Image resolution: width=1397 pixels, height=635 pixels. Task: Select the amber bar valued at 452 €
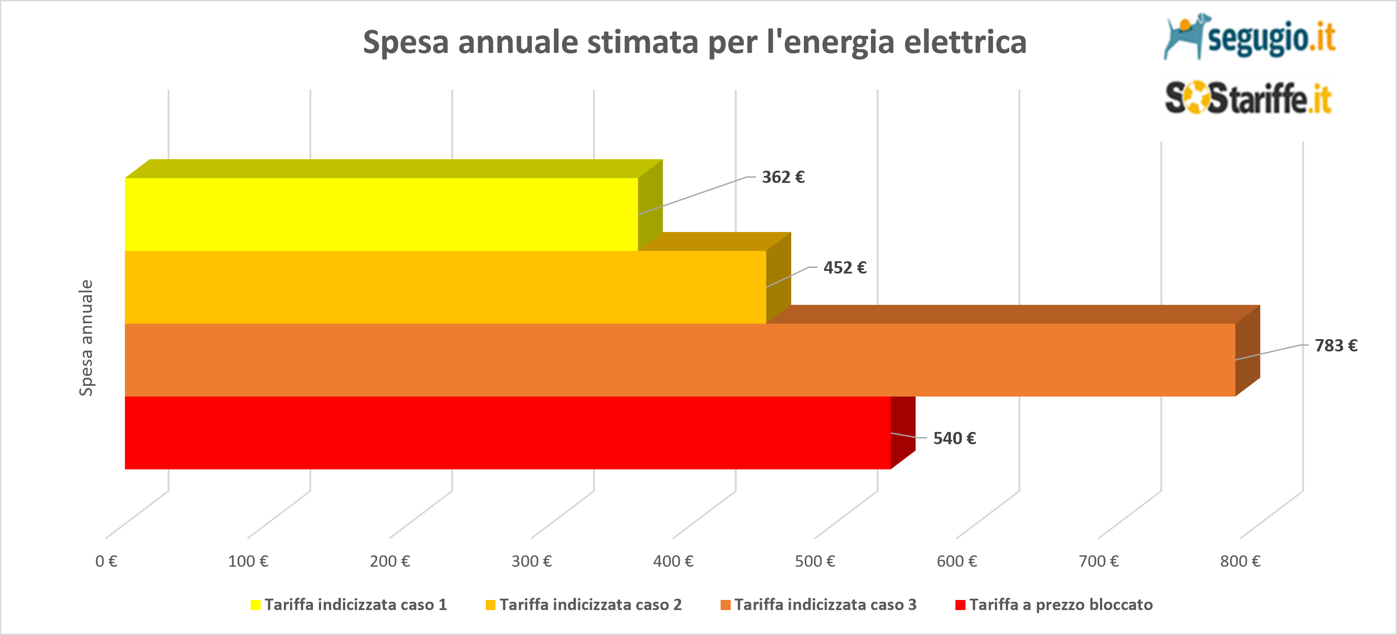(x=445, y=287)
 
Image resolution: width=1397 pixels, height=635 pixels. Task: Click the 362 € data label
(x=782, y=177)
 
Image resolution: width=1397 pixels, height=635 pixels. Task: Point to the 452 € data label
(x=845, y=268)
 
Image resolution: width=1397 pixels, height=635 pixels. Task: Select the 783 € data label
(x=1335, y=346)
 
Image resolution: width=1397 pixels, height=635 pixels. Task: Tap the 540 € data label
(x=954, y=439)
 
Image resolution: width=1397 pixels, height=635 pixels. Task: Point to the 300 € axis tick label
(x=531, y=561)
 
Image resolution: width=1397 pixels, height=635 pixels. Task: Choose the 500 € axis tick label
(x=814, y=561)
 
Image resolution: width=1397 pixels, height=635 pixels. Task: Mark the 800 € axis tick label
(x=1240, y=561)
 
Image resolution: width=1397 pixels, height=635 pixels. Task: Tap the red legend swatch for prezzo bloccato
(x=960, y=605)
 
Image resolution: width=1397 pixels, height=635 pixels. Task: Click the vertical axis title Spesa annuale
(x=86, y=337)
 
